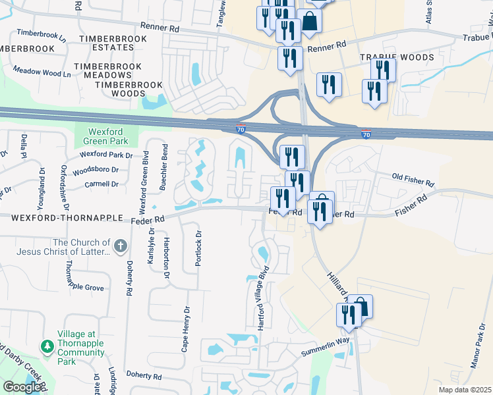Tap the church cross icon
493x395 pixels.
[x=119, y=247]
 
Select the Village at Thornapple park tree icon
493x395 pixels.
[x=47, y=346]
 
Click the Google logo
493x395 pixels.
[x=22, y=387]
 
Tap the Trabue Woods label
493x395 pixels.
[x=397, y=58]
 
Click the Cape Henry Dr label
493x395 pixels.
[x=186, y=329]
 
